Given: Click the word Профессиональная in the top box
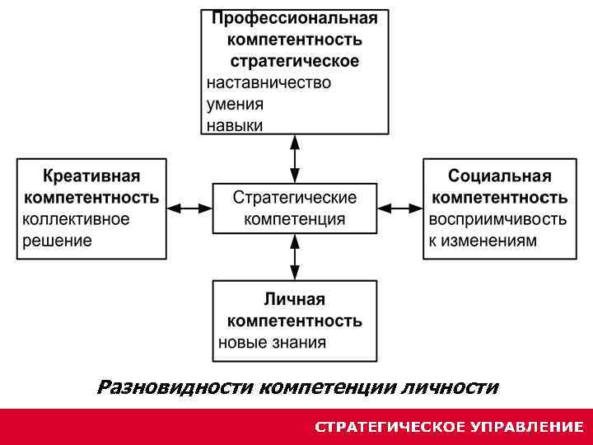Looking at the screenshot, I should (x=295, y=18).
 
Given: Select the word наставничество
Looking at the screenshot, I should (x=268, y=82).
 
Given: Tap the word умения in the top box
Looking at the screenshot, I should (x=235, y=104).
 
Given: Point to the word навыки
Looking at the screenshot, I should (x=235, y=125).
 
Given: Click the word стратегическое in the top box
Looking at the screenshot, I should (x=295, y=61).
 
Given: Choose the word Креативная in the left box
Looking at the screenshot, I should (x=91, y=176).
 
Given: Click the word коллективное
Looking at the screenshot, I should (x=76, y=219).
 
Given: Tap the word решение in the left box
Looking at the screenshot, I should (x=57, y=241).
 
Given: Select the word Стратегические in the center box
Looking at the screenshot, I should (x=295, y=198).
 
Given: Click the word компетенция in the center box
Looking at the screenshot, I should (x=295, y=219).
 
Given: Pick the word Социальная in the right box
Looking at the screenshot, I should (x=500, y=176).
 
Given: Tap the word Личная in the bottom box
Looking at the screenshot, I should (x=295, y=299).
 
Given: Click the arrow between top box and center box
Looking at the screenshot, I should (x=295, y=158).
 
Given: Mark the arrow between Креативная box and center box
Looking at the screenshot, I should (x=189, y=209).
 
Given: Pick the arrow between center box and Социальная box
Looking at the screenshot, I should (x=400, y=209).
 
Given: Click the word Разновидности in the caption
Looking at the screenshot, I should (x=175, y=386).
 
